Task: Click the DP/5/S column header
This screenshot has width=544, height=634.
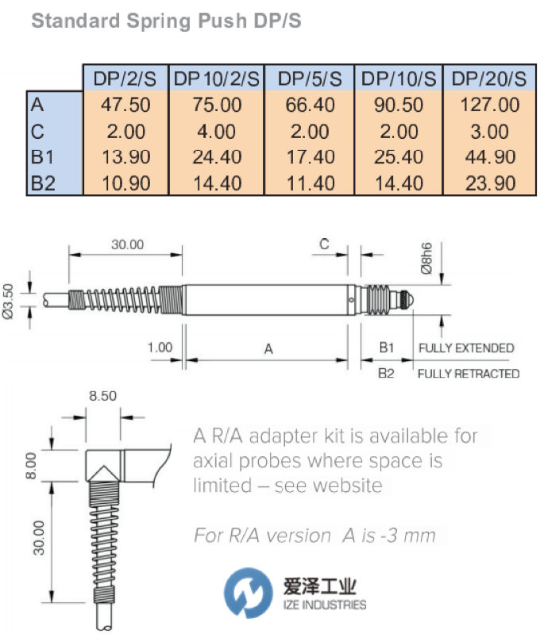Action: [x=310, y=79]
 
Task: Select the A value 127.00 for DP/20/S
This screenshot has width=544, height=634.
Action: [x=490, y=105]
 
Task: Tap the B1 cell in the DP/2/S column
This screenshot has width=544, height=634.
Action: [x=126, y=157]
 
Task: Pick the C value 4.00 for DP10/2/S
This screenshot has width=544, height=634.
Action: [x=217, y=132]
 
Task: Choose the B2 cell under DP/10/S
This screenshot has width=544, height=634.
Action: [x=399, y=183]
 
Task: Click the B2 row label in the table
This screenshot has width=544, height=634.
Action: [x=43, y=183]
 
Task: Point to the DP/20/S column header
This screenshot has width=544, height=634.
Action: [x=489, y=79]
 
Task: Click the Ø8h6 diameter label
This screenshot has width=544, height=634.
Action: [x=426, y=259]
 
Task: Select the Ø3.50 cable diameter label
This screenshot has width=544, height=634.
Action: [x=8, y=302]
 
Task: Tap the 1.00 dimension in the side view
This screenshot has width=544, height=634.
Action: [x=160, y=348]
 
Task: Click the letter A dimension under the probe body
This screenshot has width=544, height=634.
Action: [x=268, y=348]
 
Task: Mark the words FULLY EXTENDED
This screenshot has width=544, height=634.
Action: [x=466, y=348]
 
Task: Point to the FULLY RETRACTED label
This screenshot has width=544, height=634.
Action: [x=469, y=374]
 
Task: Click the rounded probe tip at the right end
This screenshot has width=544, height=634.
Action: [x=409, y=300]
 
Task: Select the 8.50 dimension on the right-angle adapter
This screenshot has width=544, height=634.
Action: [x=102, y=396]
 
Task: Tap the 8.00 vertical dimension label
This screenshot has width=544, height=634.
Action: [x=31, y=466]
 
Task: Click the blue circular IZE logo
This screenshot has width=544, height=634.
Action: [x=248, y=593]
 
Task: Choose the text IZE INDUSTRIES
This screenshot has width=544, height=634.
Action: [x=325, y=605]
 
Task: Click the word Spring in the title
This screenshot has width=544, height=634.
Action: [x=159, y=21]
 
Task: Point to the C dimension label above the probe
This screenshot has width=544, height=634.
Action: [x=324, y=244]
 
